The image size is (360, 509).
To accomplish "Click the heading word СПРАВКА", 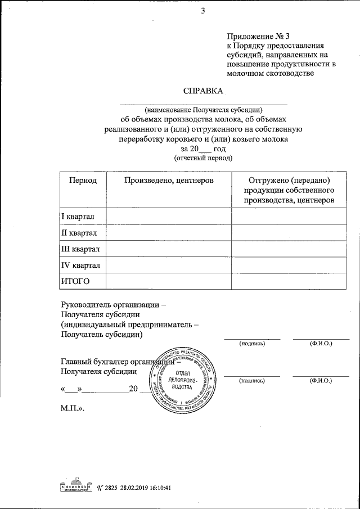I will coord(203,92).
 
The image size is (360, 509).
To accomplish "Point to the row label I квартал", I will coord(78,217).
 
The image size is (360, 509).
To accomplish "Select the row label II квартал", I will coord(79,232).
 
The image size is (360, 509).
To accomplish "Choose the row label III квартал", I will coord(80,249).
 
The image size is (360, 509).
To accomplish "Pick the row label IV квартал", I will coord(80,265).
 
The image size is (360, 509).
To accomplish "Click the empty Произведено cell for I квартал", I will coord(169,217).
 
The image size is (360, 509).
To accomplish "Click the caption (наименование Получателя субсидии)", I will coord(203,110).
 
